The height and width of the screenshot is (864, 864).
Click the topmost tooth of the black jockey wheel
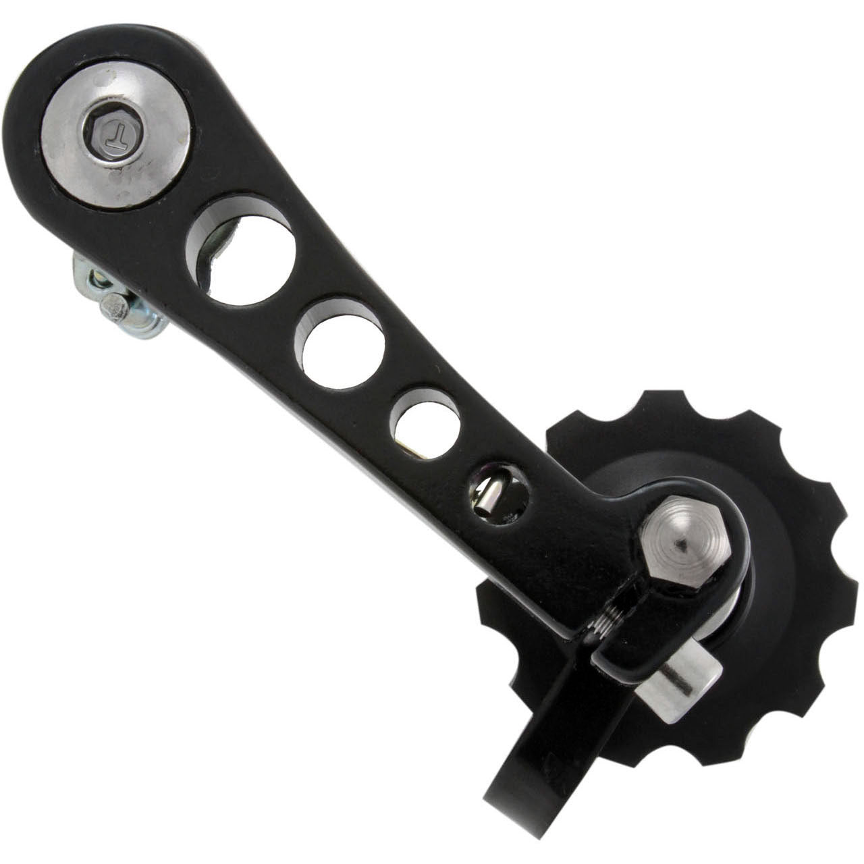[658, 405]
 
